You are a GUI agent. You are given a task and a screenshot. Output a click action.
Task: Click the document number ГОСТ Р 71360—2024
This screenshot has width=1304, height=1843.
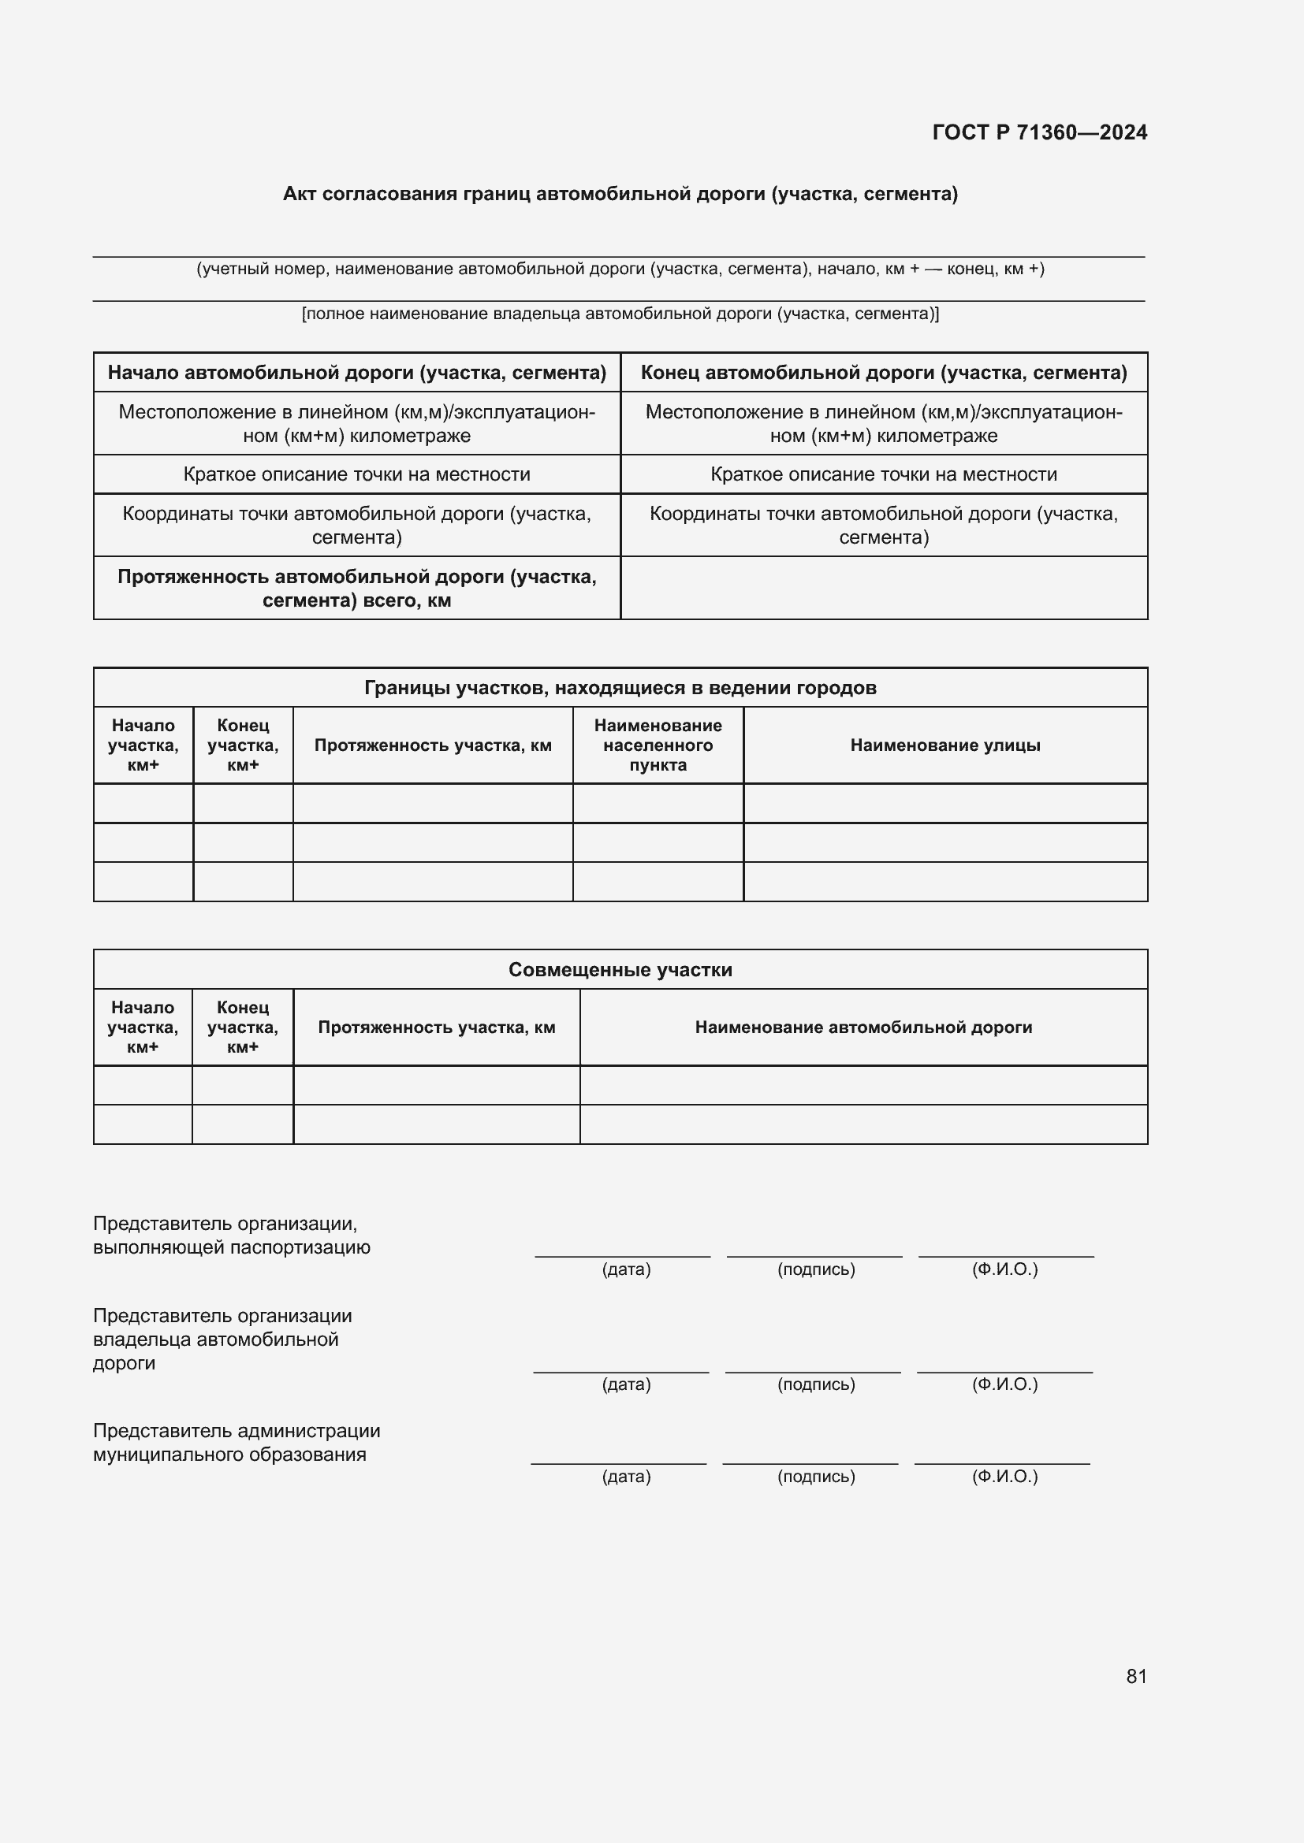(x=1039, y=132)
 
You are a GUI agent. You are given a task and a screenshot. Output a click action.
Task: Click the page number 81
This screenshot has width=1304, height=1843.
(x=1136, y=1676)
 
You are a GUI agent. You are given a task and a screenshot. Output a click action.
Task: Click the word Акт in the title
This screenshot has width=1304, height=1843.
(x=300, y=195)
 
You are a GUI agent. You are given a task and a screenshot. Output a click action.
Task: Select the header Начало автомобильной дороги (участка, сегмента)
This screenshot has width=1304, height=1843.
(x=356, y=373)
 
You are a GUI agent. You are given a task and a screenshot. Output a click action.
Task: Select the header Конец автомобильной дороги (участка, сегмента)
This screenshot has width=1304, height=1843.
(x=883, y=373)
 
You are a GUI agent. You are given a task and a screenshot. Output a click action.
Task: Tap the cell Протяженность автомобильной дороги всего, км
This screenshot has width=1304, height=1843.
(x=356, y=589)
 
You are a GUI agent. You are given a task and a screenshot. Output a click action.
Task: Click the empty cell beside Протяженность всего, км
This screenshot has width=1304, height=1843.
(x=883, y=589)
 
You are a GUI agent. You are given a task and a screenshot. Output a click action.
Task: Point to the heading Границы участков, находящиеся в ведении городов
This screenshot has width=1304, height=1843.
(x=620, y=688)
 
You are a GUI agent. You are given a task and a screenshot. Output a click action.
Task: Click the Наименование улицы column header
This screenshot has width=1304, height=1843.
(x=944, y=745)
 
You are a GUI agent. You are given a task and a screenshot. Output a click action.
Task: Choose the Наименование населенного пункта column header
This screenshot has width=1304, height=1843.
(x=658, y=745)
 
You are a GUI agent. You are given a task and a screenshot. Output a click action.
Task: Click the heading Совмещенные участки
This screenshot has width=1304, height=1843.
(x=620, y=970)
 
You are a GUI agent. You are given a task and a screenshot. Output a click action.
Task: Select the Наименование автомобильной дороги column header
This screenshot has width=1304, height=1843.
(x=863, y=1027)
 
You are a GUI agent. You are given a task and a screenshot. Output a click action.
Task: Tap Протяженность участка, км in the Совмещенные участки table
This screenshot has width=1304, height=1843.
(x=436, y=1027)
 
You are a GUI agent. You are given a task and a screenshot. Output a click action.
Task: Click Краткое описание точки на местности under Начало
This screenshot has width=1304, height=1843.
(x=356, y=474)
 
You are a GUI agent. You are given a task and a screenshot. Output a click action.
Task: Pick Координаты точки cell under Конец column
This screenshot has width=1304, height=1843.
(x=883, y=525)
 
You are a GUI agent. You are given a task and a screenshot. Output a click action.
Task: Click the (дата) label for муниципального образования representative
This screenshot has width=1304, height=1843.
(x=625, y=1477)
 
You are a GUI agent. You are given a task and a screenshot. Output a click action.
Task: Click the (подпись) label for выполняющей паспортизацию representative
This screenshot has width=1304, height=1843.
(x=816, y=1270)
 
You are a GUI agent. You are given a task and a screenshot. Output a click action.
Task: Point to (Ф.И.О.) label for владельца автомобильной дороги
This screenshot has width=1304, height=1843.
(x=1004, y=1384)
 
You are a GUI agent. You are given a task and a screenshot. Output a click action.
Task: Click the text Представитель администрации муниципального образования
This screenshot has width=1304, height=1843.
(x=236, y=1443)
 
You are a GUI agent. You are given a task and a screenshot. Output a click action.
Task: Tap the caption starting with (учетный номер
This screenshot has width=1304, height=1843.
(x=620, y=269)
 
